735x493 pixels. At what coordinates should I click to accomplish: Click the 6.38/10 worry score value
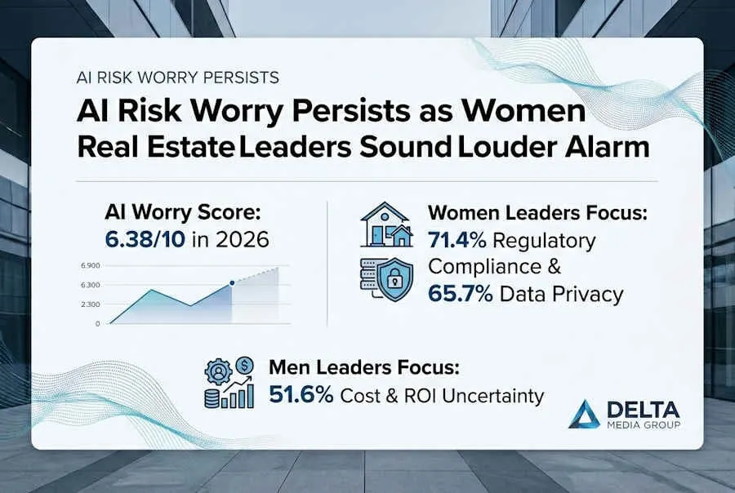tap(145, 239)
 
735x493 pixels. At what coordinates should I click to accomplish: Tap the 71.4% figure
tap(457, 241)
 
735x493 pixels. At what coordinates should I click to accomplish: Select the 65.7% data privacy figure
tap(461, 294)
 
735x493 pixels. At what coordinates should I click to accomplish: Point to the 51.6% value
tap(301, 395)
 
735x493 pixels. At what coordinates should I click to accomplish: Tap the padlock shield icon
tap(395, 278)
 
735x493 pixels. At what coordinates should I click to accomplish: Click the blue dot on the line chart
tap(232, 283)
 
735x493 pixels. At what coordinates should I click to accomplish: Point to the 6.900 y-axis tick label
tap(91, 266)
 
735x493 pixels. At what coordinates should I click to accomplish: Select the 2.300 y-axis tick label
tap(91, 304)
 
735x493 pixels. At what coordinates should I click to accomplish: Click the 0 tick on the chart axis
tap(97, 323)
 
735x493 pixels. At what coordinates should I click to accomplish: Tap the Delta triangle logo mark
tap(584, 414)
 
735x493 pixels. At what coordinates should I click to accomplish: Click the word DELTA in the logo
tap(644, 410)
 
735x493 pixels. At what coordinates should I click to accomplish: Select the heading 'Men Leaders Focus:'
tap(364, 367)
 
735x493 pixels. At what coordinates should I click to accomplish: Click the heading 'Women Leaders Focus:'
tap(537, 213)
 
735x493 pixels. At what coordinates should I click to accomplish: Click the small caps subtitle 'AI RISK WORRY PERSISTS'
tap(178, 78)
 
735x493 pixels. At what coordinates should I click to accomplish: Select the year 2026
tap(243, 239)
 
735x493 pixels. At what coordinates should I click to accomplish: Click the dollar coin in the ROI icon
tap(245, 364)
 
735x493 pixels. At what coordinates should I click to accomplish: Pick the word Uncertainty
tap(492, 396)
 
